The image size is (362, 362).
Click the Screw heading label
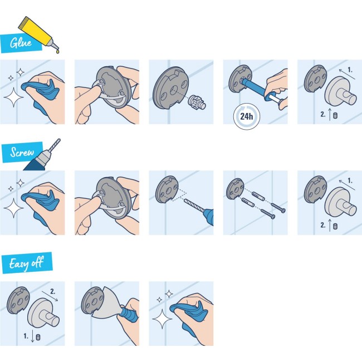[21, 152]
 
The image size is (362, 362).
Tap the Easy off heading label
[26, 263]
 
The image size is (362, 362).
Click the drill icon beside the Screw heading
[49, 150]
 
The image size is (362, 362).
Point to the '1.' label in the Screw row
[350, 180]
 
